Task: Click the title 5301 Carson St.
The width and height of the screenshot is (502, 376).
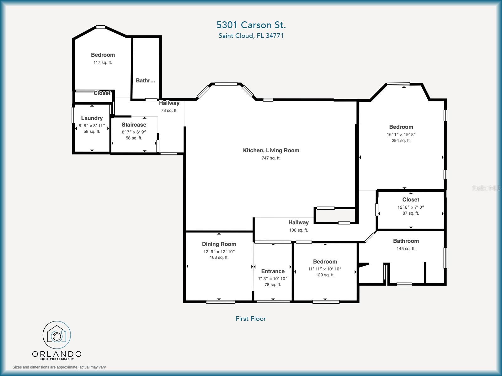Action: pyautogui.click(x=251, y=25)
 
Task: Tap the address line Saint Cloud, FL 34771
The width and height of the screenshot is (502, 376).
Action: pyautogui.click(x=251, y=36)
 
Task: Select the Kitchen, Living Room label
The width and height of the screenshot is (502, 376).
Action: pyautogui.click(x=271, y=150)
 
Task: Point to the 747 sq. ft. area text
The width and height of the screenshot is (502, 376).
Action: pyautogui.click(x=271, y=158)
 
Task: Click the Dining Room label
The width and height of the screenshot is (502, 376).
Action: pyautogui.click(x=219, y=244)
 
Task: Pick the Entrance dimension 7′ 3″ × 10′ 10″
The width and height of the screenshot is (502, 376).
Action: pyautogui.click(x=273, y=279)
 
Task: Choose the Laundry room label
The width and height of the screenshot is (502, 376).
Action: pyautogui.click(x=92, y=118)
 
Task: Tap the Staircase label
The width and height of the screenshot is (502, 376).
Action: pyautogui.click(x=134, y=125)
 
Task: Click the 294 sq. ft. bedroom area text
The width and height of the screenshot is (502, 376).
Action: pyautogui.click(x=401, y=141)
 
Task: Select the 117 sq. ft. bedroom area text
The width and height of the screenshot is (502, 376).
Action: pyautogui.click(x=103, y=63)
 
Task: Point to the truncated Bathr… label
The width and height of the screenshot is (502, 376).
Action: pyautogui.click(x=146, y=81)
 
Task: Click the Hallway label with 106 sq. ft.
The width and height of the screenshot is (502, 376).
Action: pyautogui.click(x=298, y=222)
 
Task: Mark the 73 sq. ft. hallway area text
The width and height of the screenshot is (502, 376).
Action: pyautogui.click(x=169, y=111)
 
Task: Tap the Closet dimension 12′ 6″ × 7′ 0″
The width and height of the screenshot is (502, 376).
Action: pyautogui.click(x=411, y=207)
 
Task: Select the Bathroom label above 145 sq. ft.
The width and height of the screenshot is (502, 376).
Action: pyautogui.click(x=406, y=241)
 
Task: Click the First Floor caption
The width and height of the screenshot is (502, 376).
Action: pyautogui.click(x=251, y=319)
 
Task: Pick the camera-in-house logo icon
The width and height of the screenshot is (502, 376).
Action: pyautogui.click(x=57, y=335)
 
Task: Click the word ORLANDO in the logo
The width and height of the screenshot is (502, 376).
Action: pyautogui.click(x=57, y=354)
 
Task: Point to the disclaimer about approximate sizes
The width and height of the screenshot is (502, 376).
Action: pyautogui.click(x=59, y=367)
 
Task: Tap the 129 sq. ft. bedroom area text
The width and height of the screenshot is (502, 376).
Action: pyautogui.click(x=325, y=275)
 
